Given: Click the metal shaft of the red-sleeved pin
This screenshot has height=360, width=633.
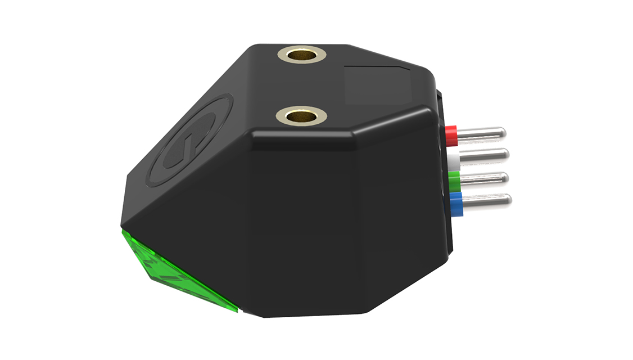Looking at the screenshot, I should coord(481,133).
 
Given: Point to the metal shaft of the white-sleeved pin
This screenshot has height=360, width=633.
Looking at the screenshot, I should coord(483,154).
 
